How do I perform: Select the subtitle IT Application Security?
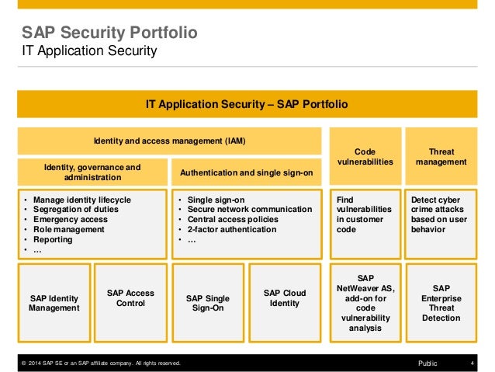(x=89, y=51)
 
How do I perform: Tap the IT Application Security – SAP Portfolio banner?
(x=247, y=104)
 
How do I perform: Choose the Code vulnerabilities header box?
(x=365, y=157)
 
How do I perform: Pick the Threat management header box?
(x=441, y=157)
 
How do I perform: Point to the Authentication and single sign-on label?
(x=246, y=172)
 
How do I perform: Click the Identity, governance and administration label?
(x=92, y=172)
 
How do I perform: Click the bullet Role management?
(x=72, y=230)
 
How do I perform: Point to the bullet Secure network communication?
(x=249, y=210)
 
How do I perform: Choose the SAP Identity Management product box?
(x=54, y=302)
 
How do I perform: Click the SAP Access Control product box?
(x=130, y=297)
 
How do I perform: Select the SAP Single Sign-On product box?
(x=207, y=302)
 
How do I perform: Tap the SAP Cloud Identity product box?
(x=284, y=297)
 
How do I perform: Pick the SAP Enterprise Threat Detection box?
(x=441, y=302)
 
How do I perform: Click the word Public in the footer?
(x=427, y=363)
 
